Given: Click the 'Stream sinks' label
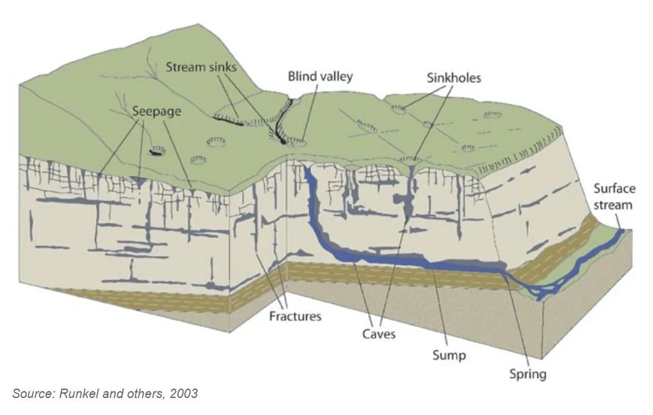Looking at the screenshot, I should [201, 66].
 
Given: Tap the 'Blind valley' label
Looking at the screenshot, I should [320, 76].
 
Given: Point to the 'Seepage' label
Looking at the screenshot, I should [157, 111].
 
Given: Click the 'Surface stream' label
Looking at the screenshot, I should [614, 197].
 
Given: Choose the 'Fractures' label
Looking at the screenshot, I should [296, 317].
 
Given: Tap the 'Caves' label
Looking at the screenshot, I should [379, 335].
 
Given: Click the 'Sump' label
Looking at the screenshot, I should [449, 355].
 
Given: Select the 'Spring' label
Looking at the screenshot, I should [528, 374].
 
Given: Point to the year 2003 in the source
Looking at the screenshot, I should [183, 393].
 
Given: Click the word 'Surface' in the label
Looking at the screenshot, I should [614, 189].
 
